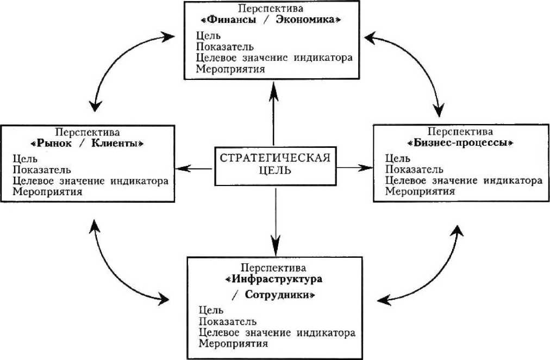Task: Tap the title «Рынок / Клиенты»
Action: point(87,144)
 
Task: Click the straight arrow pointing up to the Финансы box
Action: point(273,114)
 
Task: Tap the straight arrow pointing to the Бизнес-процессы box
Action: point(354,168)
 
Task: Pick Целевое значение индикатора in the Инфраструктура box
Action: point(277,332)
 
